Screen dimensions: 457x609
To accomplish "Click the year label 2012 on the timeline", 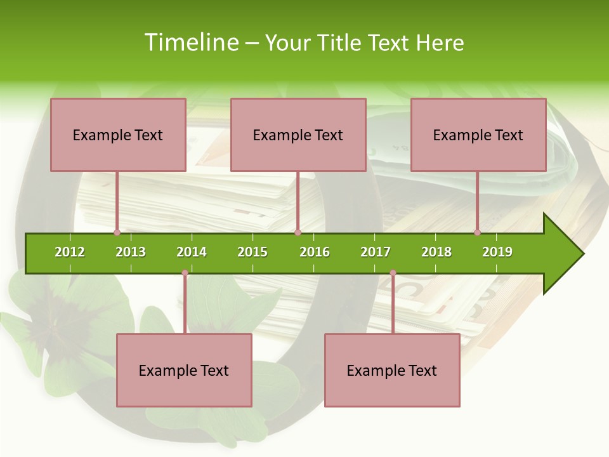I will pos(70,252).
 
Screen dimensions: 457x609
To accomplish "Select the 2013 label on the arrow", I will pos(131,252).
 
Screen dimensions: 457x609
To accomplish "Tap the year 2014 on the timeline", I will pos(192,252).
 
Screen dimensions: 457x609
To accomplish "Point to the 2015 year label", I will pos(252,252).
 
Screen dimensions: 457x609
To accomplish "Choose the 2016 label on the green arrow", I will pos(315,252).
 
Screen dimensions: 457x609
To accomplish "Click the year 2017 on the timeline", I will pos(376,252).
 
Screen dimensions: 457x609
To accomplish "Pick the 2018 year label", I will pos(436,252).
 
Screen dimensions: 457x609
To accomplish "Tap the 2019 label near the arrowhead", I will pos(497,252).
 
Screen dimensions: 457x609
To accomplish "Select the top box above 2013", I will pos(118,135).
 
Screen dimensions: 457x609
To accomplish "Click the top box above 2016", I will pos(298,135).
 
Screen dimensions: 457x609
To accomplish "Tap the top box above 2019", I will pos(478,135).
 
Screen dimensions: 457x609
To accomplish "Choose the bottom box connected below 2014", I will pos(184,370).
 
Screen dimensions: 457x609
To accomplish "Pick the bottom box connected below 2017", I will pos(392,370).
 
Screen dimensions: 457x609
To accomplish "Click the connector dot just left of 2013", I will pos(117,233).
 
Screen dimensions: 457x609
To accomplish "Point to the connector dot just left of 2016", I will pos(298,233).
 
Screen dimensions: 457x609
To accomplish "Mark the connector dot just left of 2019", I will pos(477,233).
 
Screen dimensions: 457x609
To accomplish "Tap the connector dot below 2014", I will pos(185,273).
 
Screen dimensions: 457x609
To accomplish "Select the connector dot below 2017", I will pos(393,273).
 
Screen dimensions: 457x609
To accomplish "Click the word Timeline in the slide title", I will pos(190,43).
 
